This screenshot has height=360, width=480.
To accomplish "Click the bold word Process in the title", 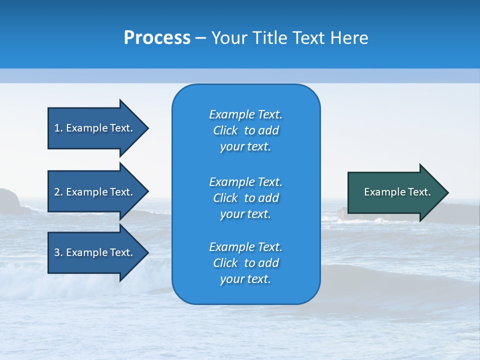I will click(157, 38).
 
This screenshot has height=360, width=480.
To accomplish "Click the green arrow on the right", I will click(395, 192).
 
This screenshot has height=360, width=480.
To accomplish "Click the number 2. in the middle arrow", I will click(58, 192).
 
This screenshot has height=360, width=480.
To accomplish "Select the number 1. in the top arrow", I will click(58, 128).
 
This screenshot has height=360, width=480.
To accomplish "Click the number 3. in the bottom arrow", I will click(58, 252).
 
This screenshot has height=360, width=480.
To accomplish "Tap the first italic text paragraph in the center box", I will click(245, 130).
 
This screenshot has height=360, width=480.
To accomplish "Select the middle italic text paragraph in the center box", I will click(245, 197).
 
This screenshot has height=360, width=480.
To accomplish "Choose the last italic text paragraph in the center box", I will click(245, 263).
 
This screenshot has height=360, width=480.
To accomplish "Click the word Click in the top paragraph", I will click(225, 130).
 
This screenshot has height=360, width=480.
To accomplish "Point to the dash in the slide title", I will click(200, 38).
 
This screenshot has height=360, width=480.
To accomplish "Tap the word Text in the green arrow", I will click(419, 192).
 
